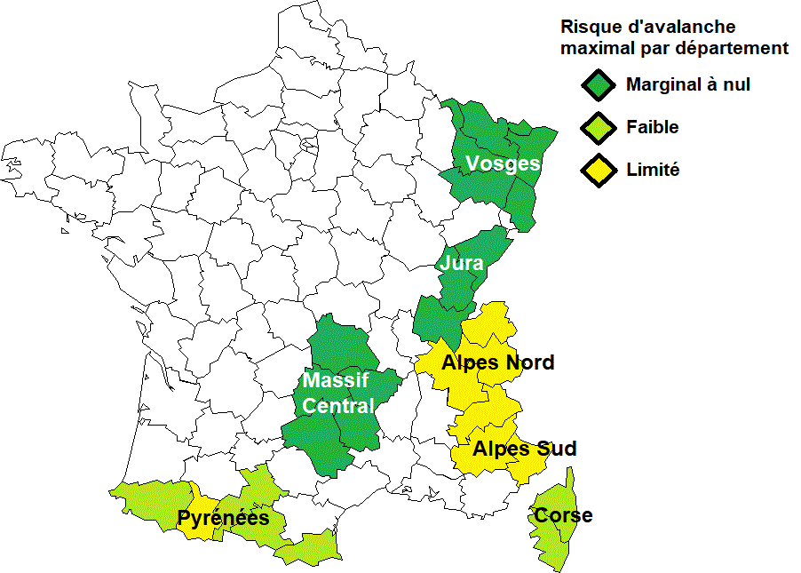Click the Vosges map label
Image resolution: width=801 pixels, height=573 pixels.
pos(503,163)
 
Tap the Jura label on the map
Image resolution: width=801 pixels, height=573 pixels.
pos(461,264)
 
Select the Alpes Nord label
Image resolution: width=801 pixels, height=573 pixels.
pos(497,362)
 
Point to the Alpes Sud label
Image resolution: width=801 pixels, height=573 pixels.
pos(524,449)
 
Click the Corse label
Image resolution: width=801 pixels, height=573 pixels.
pos(562,515)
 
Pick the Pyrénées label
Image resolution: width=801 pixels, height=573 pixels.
pos(223,518)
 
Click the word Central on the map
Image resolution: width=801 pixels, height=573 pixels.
pos(338,406)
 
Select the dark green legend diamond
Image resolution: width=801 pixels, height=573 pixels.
pos(599,85)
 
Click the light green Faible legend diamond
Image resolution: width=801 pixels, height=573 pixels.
pos(599,128)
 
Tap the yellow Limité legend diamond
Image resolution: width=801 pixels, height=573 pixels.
pos(599,170)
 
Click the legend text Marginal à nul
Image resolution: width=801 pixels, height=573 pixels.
pos(688,85)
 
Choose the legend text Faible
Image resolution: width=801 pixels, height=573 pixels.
pos(652,127)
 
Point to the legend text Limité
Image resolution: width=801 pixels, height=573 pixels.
pos(653,170)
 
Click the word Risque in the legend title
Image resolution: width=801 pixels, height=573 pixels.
pos(591,28)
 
